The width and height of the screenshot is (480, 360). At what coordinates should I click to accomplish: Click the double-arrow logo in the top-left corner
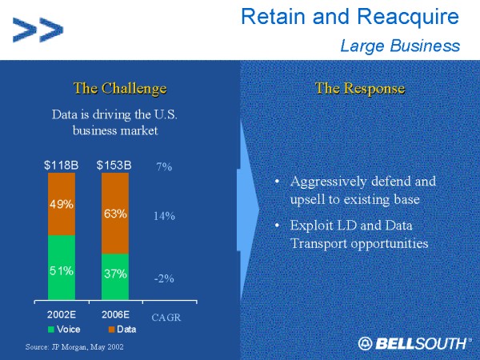point(38,30)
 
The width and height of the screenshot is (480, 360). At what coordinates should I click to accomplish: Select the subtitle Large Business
point(399,46)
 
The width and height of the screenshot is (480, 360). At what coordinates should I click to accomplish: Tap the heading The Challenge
point(119,88)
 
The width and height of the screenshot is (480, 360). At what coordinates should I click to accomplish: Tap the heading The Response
point(359,88)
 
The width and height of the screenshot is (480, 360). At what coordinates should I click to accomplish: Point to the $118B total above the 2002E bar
point(62,166)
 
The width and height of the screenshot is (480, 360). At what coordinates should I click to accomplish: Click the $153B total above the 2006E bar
point(114,166)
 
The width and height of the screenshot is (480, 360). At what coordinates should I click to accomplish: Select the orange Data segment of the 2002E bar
point(62,204)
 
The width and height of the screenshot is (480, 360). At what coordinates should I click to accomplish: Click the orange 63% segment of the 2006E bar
point(114,214)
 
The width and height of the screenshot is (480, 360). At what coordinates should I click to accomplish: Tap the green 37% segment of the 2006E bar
point(114,274)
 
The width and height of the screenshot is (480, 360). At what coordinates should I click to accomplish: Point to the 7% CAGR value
point(164,166)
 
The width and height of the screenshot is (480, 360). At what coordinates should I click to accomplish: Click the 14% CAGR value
point(164,216)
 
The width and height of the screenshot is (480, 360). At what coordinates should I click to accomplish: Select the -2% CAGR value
point(164,278)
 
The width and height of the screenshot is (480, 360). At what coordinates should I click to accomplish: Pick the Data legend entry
point(120,329)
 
